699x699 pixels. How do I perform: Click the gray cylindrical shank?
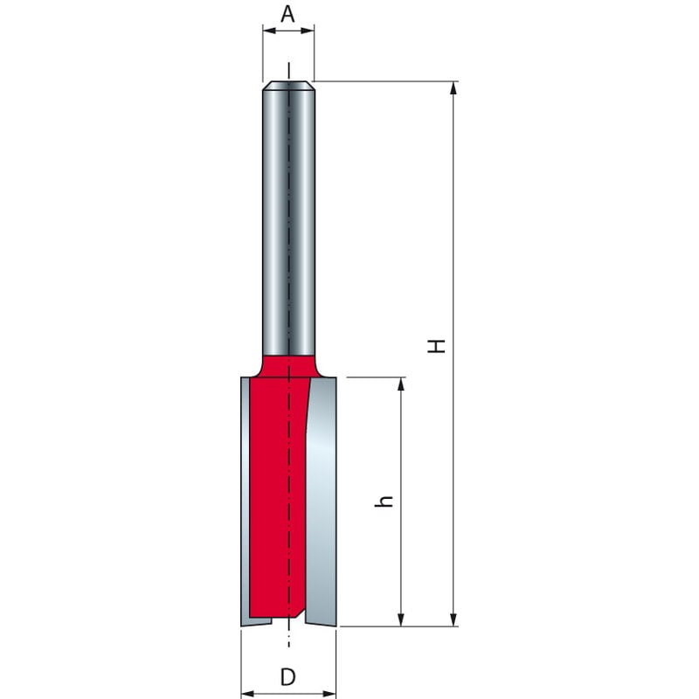tap(288, 218)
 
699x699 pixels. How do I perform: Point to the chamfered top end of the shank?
tap(288, 86)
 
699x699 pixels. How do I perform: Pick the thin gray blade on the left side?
tap(245, 498)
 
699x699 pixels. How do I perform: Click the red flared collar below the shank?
tap(288, 365)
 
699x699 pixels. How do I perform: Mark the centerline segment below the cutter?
tap(288, 638)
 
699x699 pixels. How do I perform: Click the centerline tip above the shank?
tap(288, 70)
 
